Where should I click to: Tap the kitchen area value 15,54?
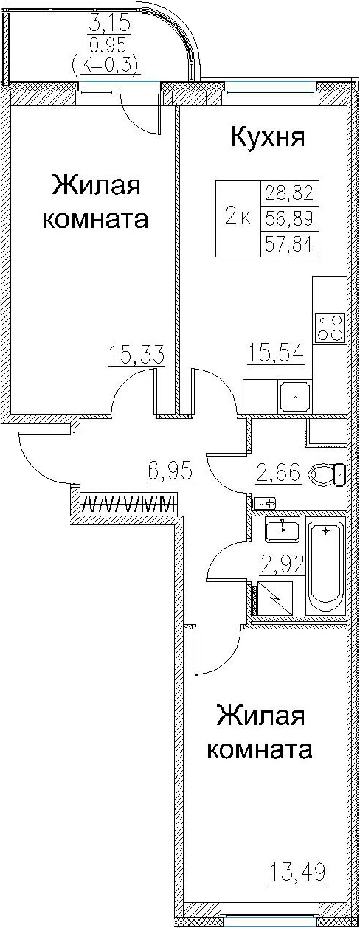275,353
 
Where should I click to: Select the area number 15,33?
136,356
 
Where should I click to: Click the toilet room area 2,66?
278,473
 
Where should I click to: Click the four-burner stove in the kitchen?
329,327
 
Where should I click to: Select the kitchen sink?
295,395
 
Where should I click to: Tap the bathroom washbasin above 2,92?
283,529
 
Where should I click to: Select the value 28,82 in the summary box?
289,193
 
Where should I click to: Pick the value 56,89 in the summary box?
289,218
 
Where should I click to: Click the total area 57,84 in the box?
289,243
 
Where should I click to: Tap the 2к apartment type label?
238,217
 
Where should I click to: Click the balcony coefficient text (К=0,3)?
105,65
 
